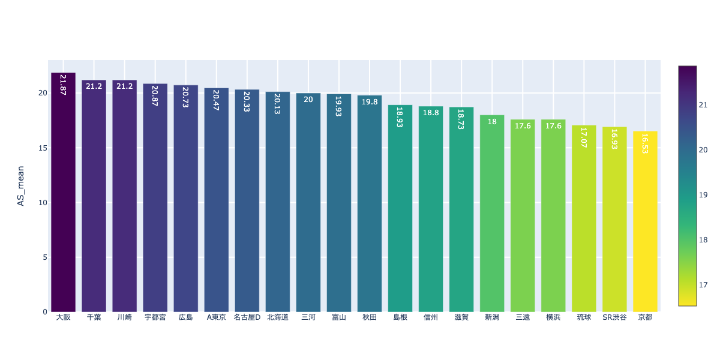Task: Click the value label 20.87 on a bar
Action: tap(155, 96)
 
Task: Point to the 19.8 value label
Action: tap(370, 102)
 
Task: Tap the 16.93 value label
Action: tap(614, 139)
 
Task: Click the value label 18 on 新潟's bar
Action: tap(492, 122)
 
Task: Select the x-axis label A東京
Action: tap(216, 317)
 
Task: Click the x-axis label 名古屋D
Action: tap(247, 317)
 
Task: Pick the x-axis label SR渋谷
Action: tap(614, 317)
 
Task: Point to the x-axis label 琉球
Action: tap(584, 317)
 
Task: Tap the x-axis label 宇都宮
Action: tap(155, 317)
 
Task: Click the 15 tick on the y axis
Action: tap(43, 148)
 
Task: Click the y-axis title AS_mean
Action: tap(20, 186)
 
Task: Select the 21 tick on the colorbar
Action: tap(703, 105)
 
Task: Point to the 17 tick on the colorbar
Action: tap(703, 284)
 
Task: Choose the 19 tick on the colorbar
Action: tap(703, 194)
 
